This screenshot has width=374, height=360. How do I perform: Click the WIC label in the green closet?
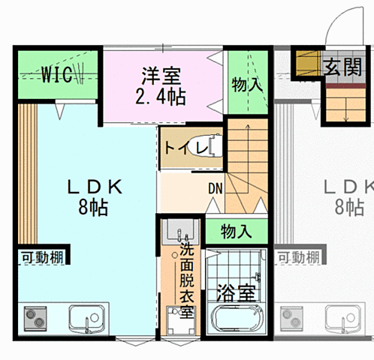56,74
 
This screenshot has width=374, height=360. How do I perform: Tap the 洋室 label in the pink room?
161,76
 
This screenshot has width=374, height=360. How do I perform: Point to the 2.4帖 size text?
161,96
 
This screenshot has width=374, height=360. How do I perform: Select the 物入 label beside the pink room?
247,84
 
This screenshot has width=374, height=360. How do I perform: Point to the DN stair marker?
216,188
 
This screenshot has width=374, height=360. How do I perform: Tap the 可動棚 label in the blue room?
41,257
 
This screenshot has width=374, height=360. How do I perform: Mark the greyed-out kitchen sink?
346,319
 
